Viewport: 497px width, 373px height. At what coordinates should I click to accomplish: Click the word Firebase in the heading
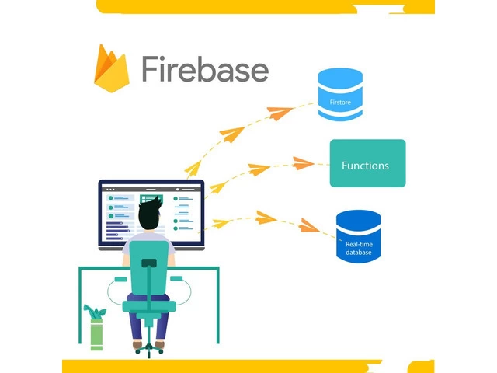[x=205, y=68]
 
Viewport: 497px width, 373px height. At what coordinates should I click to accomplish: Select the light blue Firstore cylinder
[x=340, y=95]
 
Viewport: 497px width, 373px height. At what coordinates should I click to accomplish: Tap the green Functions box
[x=367, y=163]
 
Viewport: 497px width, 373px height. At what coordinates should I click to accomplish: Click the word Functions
[x=366, y=166]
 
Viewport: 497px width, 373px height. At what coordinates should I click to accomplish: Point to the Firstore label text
[x=340, y=102]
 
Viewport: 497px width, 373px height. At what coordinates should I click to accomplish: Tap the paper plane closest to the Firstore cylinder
[x=280, y=113]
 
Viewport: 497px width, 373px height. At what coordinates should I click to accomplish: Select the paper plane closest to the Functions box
[x=302, y=163]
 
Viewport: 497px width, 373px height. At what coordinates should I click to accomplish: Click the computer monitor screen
[x=151, y=214]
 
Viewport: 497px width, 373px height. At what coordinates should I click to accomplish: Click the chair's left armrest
[x=119, y=279]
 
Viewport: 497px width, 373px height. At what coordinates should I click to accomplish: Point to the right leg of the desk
[x=216, y=311]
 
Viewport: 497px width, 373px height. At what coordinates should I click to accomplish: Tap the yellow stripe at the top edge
[x=264, y=6]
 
